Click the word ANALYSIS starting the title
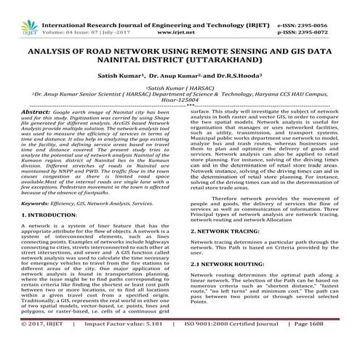tap(55, 53)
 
